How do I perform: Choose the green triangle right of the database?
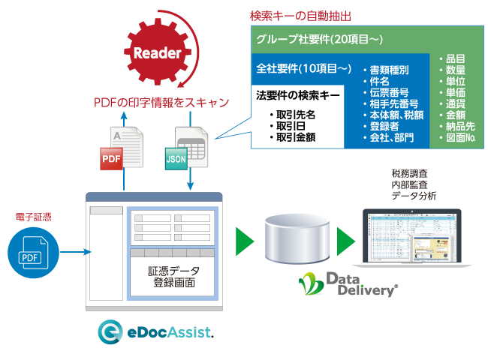(x=345, y=241)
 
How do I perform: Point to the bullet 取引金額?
(x=294, y=136)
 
